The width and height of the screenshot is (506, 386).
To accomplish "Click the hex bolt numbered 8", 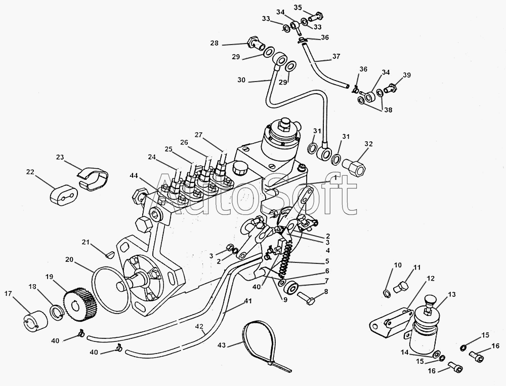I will click(308, 299).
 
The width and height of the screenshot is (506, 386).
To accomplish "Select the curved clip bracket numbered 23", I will click(95, 177).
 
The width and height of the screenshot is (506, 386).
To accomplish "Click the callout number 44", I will click(133, 175).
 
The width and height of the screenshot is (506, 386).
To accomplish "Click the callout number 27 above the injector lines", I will click(198, 135).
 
